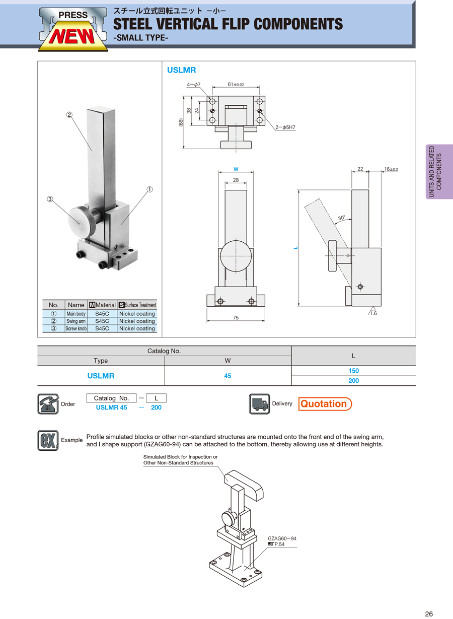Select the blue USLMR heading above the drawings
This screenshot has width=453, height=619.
181,71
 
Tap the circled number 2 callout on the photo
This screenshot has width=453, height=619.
69,115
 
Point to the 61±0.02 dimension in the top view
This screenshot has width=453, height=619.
236,85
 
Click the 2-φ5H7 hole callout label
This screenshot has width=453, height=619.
285,127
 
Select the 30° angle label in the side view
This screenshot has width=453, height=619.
342,218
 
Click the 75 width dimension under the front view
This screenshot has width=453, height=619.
236,318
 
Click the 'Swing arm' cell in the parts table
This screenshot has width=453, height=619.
76,321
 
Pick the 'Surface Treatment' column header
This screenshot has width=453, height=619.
137,305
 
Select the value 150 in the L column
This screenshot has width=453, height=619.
353,371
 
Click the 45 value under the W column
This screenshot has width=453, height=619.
228,376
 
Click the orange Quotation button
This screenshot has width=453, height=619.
325,404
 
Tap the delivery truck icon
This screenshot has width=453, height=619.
260,404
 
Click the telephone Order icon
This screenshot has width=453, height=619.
48,404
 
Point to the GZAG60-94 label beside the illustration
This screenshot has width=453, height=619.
282,538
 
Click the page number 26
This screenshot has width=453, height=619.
429,613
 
